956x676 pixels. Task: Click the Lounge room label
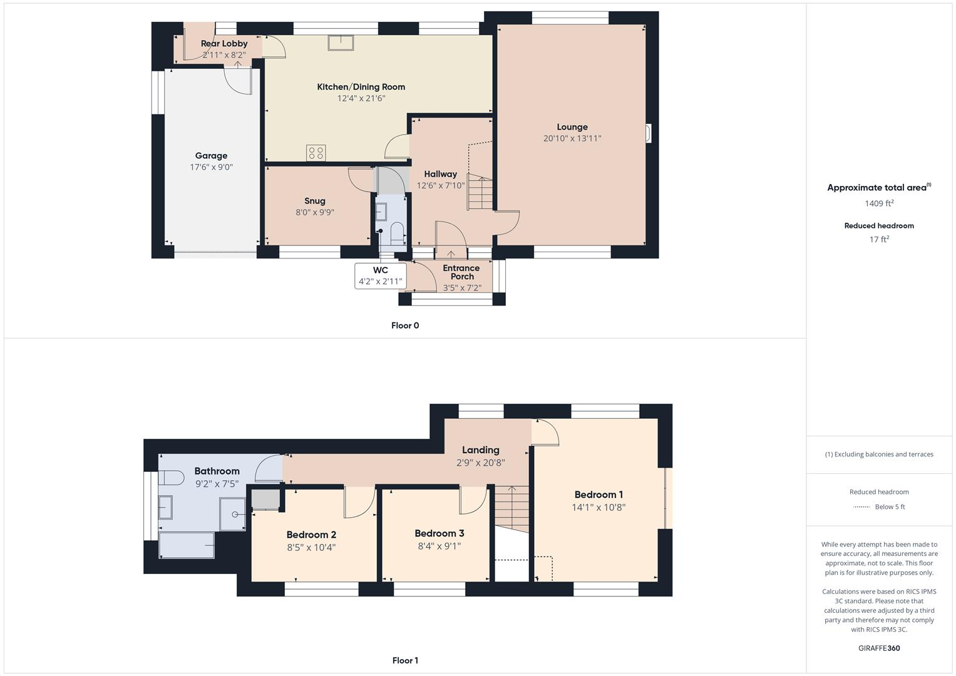point(572,127)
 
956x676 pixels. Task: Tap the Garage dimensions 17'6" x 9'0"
point(211,167)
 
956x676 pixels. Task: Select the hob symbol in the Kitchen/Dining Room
point(316,153)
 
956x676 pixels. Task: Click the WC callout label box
point(380,276)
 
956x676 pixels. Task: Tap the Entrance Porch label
point(461,272)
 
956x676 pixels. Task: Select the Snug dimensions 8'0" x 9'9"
point(314,212)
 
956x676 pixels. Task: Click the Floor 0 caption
point(405,325)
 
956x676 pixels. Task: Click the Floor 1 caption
point(405,660)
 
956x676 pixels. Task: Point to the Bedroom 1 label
point(599,494)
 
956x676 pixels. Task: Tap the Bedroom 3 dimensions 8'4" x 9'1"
point(439,546)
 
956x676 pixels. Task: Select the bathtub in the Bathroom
point(187,545)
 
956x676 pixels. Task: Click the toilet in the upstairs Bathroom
point(170,479)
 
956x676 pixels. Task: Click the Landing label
point(480,450)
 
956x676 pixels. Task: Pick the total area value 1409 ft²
point(879,203)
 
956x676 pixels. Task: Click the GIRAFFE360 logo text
point(879,648)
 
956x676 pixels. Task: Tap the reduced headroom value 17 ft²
point(879,239)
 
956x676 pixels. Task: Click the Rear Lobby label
point(224,43)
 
